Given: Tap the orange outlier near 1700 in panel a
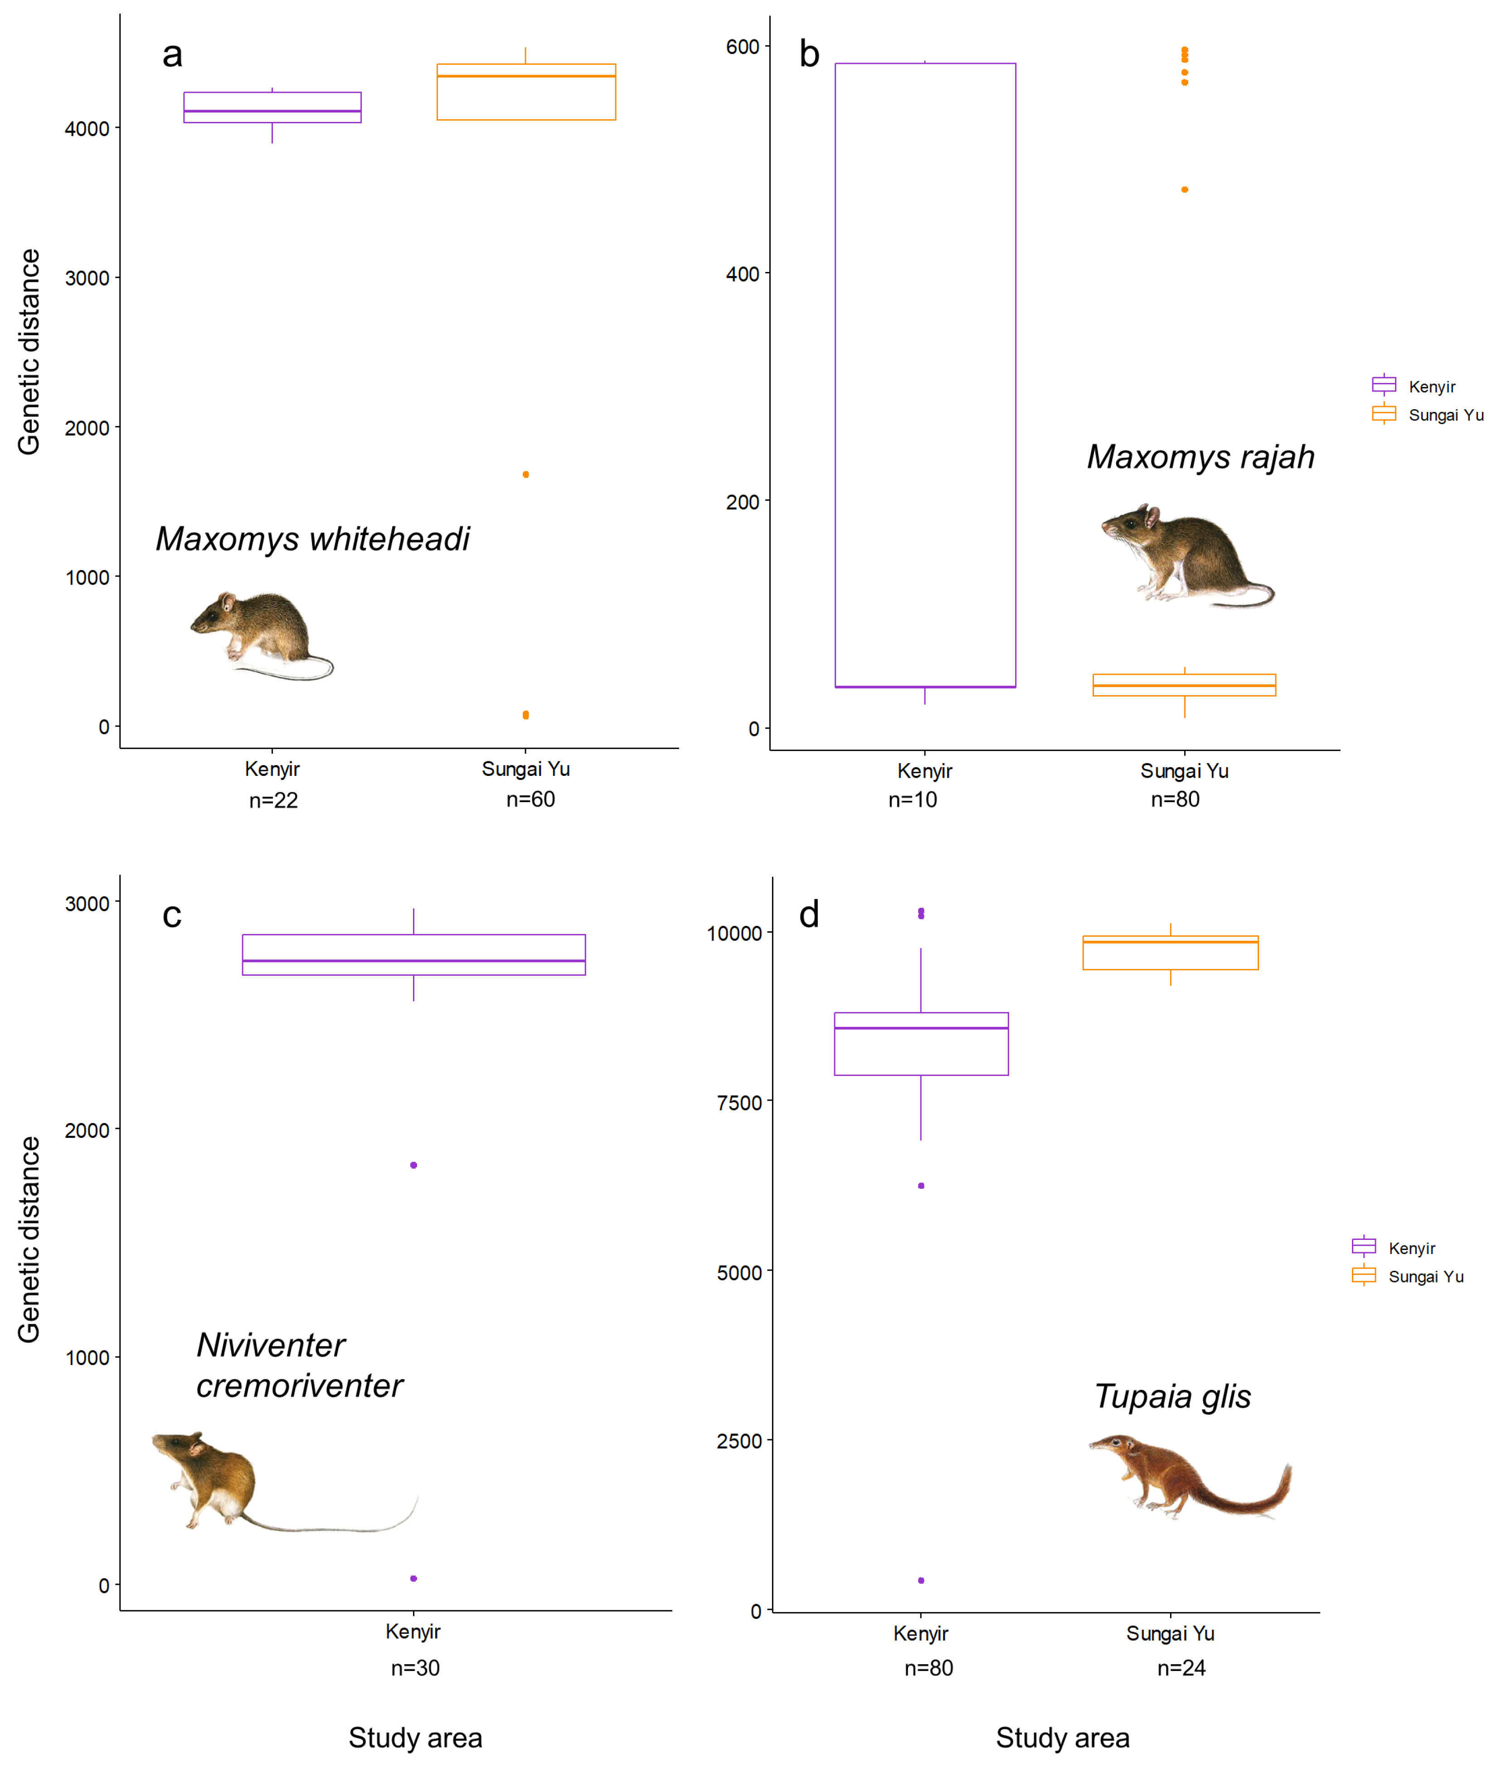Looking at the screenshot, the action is click(526, 474).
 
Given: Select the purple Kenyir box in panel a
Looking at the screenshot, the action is click(272, 108).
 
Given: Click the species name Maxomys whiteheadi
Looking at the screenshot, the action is click(312, 539).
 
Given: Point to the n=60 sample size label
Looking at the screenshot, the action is click(530, 799).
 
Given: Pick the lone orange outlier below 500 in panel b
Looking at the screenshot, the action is click(1185, 189).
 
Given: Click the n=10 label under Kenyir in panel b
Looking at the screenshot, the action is click(912, 799).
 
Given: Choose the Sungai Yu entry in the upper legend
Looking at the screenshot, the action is click(1428, 415).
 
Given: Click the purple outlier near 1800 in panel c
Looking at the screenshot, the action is click(413, 1165).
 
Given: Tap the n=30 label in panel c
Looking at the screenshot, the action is click(415, 1668).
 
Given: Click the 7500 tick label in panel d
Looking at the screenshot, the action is click(739, 1102).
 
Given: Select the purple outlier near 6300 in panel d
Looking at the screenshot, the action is click(921, 1185).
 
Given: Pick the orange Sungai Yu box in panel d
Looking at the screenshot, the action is click(1170, 953).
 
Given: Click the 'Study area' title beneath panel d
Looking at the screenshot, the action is click(1063, 1737).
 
